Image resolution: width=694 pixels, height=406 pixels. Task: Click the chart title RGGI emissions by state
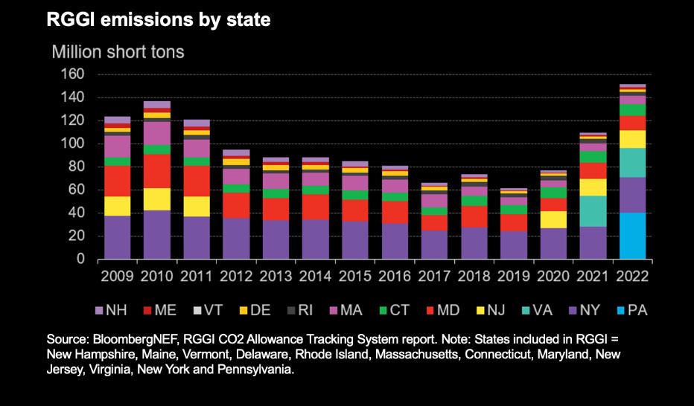pos(158,20)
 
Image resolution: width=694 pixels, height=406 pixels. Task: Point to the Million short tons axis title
pos(117,53)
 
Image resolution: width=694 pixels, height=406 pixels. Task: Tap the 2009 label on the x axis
pos(117,276)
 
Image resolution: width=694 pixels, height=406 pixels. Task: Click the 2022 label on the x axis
pos(632,276)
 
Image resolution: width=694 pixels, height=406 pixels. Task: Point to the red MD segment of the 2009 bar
pos(117,181)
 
